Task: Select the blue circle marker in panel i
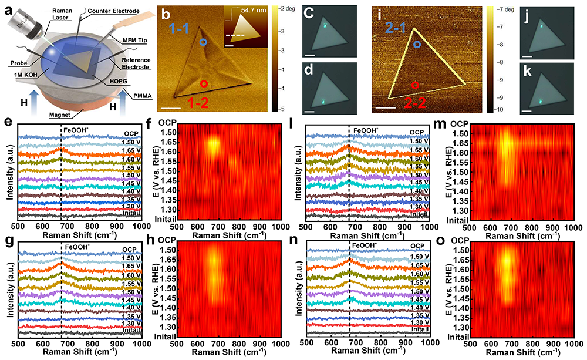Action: coord(417,44)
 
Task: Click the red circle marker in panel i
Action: coord(415,85)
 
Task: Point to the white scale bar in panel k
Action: coord(527,110)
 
